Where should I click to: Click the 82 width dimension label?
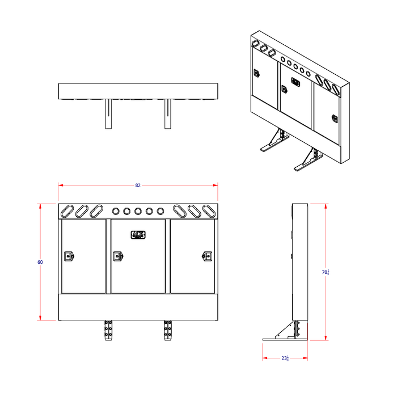pos(138,185)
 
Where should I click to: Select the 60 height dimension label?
pos(40,262)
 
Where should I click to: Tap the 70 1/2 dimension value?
pos(326,272)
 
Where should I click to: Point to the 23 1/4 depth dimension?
pos(285,358)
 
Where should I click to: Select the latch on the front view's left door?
pos(70,256)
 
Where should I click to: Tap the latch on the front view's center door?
pos(118,256)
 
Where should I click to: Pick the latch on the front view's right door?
pos(206,256)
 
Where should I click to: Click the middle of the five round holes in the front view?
pos(138,211)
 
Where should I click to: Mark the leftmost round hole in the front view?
pos(116,211)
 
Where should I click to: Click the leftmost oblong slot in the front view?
pos(68,211)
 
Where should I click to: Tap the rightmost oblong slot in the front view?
pos(209,211)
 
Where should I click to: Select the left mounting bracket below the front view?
pos(108,331)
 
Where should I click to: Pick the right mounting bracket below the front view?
pos(167,331)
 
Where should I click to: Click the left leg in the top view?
pos(108,114)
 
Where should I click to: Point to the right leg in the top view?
pos(168,114)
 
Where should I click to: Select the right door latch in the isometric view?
pos(335,119)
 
